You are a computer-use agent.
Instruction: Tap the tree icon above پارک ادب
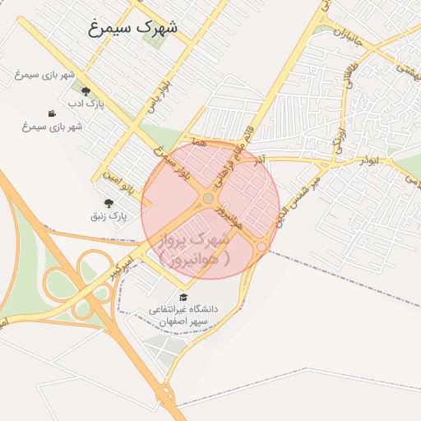(86, 91)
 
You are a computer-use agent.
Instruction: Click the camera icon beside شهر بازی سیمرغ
(53, 113)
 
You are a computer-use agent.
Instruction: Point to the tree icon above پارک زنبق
(108, 202)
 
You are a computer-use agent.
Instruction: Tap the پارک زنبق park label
(109, 216)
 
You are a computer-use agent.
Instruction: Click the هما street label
(197, 143)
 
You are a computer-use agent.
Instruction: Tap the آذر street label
(261, 156)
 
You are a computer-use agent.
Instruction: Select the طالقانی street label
(349, 80)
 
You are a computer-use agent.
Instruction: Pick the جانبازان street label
(349, 37)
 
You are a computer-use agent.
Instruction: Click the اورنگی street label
(339, 134)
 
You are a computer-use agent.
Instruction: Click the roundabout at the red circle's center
(209, 198)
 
